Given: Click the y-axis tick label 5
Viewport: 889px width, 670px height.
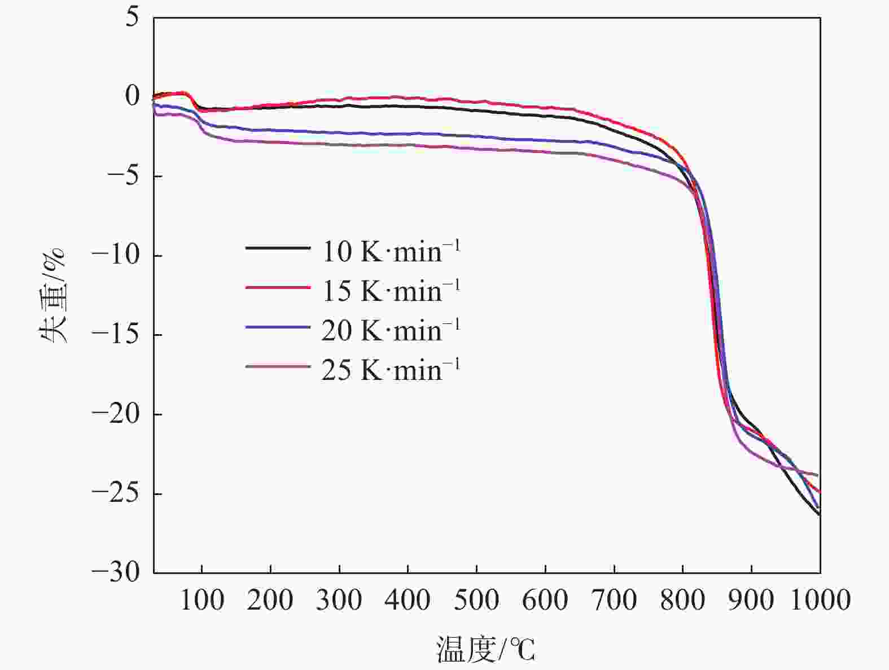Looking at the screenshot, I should (x=132, y=18).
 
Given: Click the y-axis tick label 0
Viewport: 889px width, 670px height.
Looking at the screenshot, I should (x=132, y=97).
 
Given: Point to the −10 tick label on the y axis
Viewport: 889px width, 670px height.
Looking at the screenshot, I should (x=119, y=256).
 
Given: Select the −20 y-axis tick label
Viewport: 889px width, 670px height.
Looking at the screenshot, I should (x=119, y=414).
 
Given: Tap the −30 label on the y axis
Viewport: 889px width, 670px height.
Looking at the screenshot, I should (x=119, y=572).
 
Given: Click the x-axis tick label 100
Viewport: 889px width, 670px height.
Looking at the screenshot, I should (x=202, y=599).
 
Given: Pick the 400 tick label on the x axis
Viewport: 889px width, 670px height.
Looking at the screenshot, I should (x=408, y=599).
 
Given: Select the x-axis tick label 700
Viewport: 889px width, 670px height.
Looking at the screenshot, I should (x=614, y=599).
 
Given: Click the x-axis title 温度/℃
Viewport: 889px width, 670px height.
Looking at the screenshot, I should (x=485, y=649).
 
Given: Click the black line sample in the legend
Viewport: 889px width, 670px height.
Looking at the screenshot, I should (x=278, y=248).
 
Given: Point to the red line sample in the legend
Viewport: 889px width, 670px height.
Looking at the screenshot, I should (x=278, y=287).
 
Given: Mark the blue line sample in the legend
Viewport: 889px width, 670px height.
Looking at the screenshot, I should (x=278, y=327).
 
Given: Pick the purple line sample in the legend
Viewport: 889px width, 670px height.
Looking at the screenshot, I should (x=278, y=367).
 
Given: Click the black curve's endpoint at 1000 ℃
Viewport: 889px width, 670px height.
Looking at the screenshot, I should (x=819, y=514).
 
